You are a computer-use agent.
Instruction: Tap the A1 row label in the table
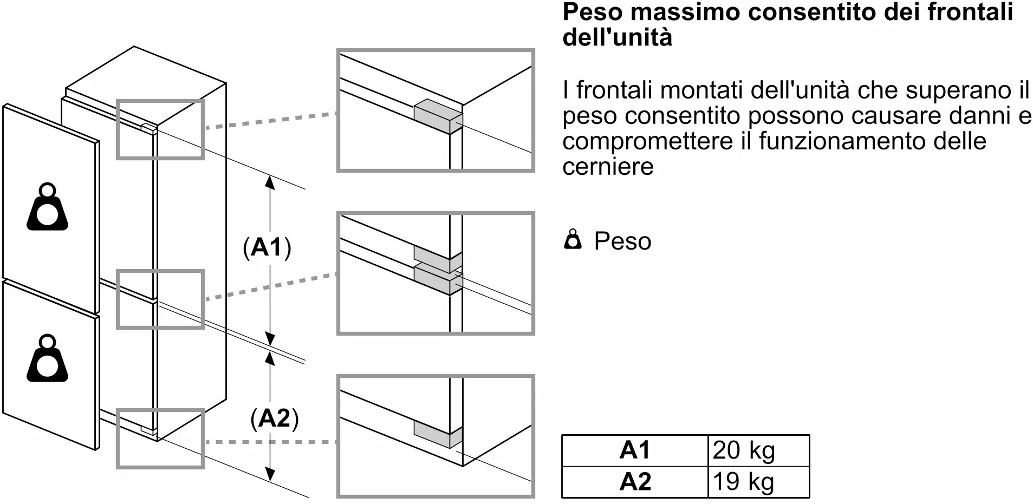point(635,450)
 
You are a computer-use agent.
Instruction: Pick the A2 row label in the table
point(635,482)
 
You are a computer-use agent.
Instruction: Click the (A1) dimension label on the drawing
point(267,247)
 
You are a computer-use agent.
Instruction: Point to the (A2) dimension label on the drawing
point(275,418)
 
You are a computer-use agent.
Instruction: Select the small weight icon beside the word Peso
point(573,240)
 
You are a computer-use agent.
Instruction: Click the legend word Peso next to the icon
point(622,241)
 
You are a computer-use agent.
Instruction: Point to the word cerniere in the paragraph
point(608,166)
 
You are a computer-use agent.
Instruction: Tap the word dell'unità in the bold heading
point(617,37)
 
